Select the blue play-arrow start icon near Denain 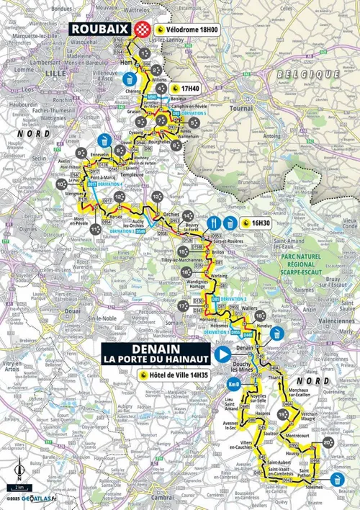pyautogui.click(x=223, y=354)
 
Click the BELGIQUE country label pyautogui.click(x=310, y=74)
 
